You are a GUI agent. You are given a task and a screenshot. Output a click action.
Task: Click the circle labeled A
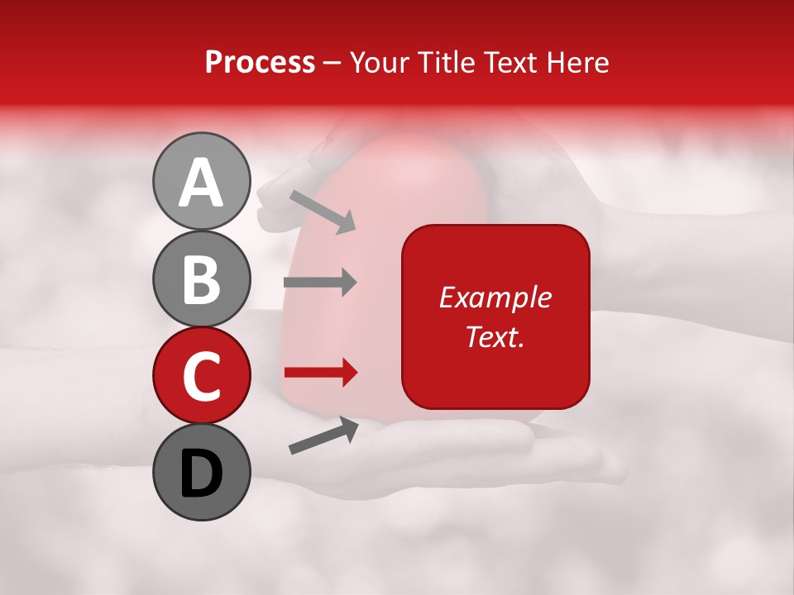[202, 181]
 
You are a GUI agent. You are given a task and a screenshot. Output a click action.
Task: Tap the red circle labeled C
[202, 375]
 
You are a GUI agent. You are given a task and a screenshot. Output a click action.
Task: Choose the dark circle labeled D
[202, 472]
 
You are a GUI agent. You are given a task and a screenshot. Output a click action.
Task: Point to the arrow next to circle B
[320, 283]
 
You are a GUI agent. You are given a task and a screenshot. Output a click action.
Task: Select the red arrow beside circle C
[320, 374]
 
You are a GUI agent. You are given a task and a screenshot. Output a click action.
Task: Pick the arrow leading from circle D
[323, 436]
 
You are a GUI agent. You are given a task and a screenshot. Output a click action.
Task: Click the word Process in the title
[260, 63]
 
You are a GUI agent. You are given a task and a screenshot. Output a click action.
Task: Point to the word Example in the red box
[495, 297]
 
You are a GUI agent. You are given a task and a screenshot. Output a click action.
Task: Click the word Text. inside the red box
[495, 336]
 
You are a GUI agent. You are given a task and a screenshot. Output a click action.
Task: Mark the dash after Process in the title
[332, 63]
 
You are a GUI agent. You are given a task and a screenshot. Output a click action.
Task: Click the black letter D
[202, 474]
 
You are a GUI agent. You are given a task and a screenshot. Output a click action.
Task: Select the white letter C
[202, 376]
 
